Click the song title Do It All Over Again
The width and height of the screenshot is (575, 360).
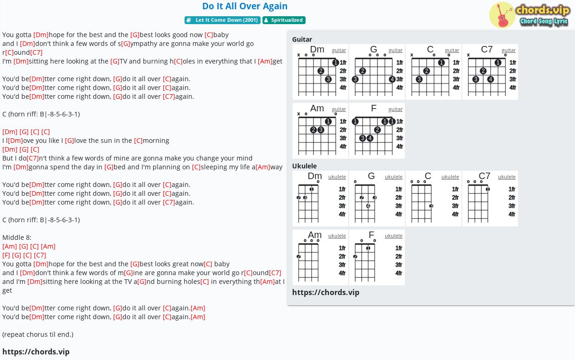(245, 6)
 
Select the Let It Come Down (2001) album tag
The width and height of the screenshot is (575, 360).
(222, 20)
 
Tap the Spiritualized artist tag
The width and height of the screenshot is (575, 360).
(284, 20)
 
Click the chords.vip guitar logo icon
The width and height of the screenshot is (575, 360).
(502, 15)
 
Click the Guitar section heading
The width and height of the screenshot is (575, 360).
(302, 39)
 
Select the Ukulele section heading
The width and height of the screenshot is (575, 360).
(304, 166)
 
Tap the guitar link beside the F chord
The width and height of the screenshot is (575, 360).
(395, 109)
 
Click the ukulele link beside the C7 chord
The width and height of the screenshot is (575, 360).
(506, 177)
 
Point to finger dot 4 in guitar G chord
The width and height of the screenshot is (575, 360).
(392, 79)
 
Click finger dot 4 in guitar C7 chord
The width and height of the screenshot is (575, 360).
(491, 79)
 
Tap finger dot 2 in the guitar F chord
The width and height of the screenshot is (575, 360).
(377, 130)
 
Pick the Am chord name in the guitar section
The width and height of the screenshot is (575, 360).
(317, 109)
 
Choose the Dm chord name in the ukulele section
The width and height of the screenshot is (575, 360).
(315, 176)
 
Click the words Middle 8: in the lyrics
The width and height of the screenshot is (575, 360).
(17, 238)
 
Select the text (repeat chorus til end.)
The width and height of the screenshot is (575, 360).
(38, 334)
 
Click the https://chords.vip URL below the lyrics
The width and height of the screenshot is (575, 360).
(36, 352)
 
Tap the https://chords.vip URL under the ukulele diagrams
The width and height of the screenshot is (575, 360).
(326, 292)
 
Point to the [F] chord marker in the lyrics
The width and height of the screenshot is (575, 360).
(6, 255)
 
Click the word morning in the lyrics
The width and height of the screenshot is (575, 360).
(156, 141)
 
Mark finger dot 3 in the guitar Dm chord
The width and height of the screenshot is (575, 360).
(328, 79)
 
